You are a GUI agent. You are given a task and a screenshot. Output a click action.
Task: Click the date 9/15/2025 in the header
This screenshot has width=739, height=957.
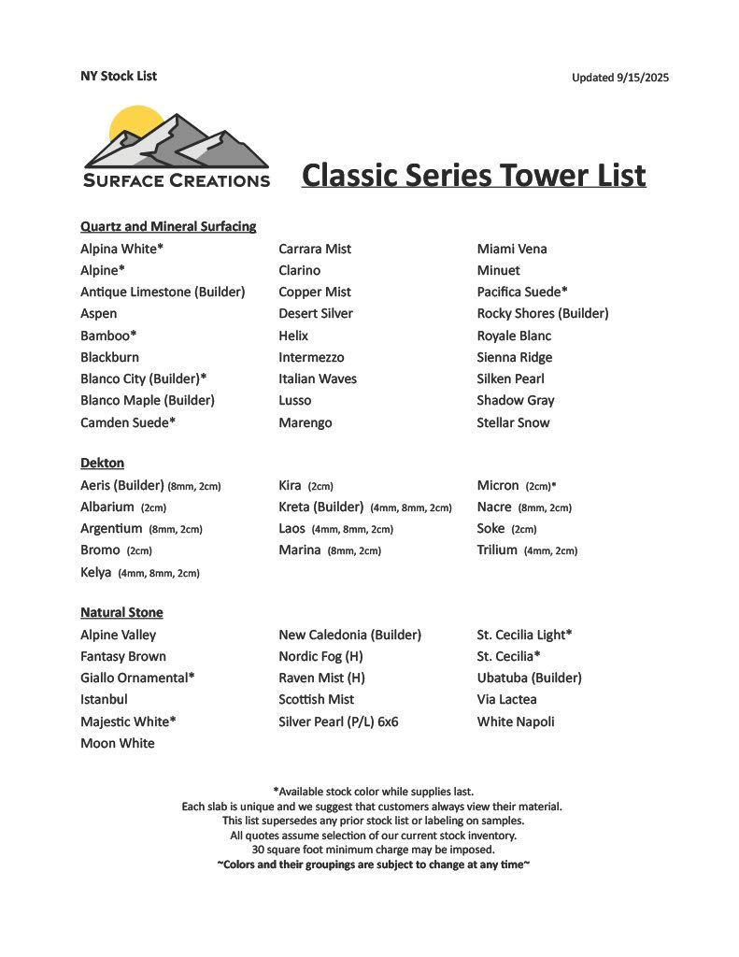(x=643, y=78)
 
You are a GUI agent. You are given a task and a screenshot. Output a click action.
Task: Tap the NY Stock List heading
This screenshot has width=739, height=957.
(x=118, y=76)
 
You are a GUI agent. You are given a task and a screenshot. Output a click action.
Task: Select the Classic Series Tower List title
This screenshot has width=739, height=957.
(x=474, y=175)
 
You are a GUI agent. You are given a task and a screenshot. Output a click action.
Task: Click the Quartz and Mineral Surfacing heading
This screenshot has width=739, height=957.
(x=168, y=226)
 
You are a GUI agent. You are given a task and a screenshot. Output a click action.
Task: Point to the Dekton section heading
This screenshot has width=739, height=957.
(x=102, y=463)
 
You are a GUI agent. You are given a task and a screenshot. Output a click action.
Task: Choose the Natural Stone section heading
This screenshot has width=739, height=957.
(x=121, y=612)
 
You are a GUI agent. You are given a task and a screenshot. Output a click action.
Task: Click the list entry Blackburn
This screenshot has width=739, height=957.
(x=109, y=357)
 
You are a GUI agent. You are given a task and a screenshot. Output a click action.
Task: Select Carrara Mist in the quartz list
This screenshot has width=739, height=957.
(x=315, y=249)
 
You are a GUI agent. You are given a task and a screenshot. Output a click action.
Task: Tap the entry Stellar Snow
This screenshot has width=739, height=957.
(x=513, y=422)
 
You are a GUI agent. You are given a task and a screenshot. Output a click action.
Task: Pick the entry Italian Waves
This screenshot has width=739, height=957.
(x=318, y=379)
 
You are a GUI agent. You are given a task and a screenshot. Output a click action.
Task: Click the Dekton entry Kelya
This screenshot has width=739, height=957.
(x=96, y=572)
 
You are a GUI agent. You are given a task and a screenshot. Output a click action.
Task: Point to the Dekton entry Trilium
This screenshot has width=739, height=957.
(x=497, y=550)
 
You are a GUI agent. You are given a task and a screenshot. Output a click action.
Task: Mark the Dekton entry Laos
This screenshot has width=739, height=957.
(x=292, y=528)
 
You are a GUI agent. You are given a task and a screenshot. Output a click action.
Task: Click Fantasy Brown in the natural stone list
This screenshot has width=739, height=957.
(x=123, y=656)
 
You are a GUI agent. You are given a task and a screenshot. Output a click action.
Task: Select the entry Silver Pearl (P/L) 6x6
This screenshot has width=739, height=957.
(x=338, y=721)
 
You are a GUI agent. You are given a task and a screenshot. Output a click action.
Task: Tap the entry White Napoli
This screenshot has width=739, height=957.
(x=516, y=721)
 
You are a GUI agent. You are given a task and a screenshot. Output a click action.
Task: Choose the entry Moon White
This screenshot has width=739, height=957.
(x=118, y=743)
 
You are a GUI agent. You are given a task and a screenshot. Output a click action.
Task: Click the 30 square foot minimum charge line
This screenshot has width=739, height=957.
(x=373, y=850)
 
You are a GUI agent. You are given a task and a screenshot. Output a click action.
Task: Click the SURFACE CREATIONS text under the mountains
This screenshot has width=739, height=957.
(x=177, y=180)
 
